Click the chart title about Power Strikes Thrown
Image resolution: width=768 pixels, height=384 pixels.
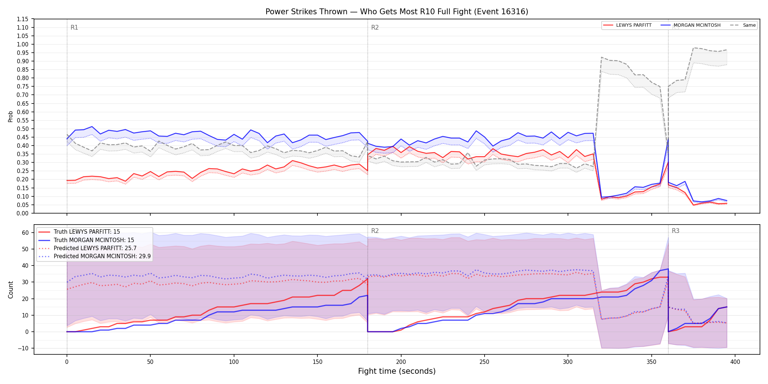pos(397,12)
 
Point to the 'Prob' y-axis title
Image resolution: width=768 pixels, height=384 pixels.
pos(11,116)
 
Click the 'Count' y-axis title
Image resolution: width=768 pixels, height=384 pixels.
pos(11,290)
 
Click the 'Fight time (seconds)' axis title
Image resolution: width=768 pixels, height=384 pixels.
pos(397,371)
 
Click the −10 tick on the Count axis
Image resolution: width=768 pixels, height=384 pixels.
pos(23,348)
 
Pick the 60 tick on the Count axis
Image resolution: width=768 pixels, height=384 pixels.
pos(26,233)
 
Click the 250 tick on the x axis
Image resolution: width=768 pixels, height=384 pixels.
pos(484,362)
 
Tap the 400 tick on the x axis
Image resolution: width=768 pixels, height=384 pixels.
pos(735,362)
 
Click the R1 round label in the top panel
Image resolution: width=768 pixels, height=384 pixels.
pos(74,27)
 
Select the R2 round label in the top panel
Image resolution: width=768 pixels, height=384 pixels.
pos(375,27)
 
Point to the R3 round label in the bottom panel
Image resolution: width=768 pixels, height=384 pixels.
pos(675,231)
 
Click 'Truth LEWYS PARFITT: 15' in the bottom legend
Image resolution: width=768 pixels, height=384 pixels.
pos(87,232)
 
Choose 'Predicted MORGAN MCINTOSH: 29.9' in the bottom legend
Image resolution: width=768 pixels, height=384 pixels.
pos(102,256)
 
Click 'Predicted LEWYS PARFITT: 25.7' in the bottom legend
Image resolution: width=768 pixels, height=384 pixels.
pos(95,248)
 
